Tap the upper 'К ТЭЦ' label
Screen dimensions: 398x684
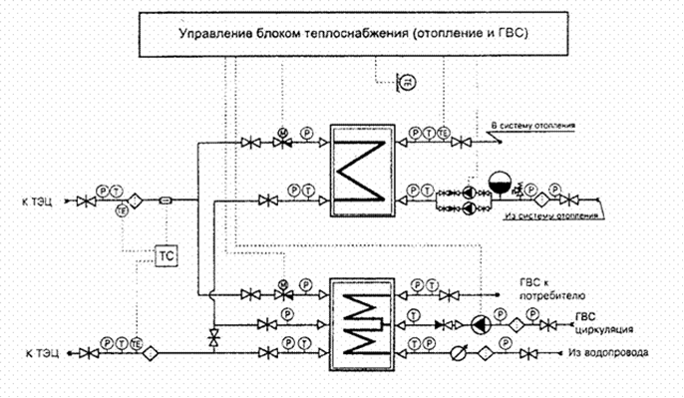[x=42, y=200]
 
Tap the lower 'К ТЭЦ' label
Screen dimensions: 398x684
[x=42, y=353]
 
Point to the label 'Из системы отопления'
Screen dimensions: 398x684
[x=550, y=215]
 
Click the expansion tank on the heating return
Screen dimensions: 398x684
[x=499, y=184]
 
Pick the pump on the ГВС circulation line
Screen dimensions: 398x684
[x=482, y=323]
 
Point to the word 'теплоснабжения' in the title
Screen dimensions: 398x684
[x=316, y=34]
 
